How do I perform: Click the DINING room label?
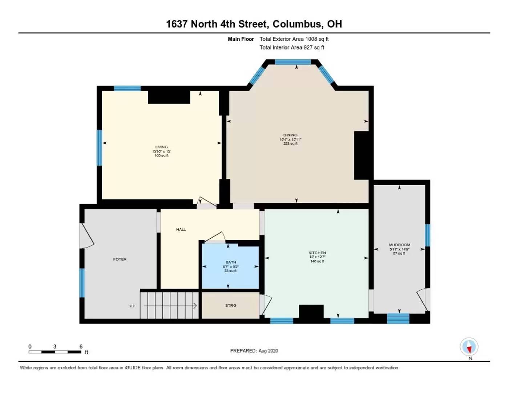(x=290, y=135)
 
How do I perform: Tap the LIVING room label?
(x=161, y=147)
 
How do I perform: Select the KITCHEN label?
(x=317, y=253)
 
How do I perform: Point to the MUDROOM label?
(x=399, y=245)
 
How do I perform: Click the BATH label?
(x=231, y=262)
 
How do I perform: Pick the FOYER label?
(x=120, y=259)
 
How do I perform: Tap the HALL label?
(x=181, y=230)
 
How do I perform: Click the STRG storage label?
(x=231, y=306)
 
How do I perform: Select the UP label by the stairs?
(x=132, y=306)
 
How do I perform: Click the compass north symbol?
(x=469, y=347)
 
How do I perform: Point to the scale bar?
(x=55, y=352)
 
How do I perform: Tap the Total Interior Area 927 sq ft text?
(x=292, y=47)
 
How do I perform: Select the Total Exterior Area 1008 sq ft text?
(x=294, y=39)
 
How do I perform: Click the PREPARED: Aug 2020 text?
(x=254, y=351)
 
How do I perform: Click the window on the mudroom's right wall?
(x=427, y=235)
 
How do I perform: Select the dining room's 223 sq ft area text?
(x=290, y=144)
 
